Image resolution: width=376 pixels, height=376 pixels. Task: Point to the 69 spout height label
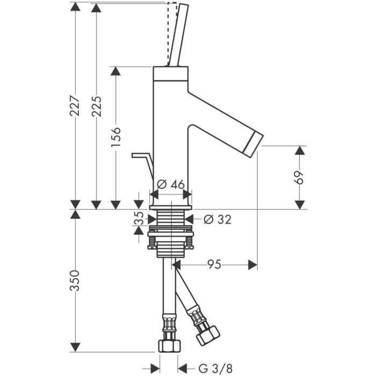(x=300, y=177)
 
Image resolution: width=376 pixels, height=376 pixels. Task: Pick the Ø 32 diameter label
(x=218, y=219)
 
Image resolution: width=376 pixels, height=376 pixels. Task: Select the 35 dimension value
(x=139, y=219)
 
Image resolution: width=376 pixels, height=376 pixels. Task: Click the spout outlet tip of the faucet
(x=252, y=141)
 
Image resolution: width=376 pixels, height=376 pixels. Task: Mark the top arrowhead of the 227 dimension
(x=75, y=6)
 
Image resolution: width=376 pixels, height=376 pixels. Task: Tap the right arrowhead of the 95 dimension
(x=252, y=264)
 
